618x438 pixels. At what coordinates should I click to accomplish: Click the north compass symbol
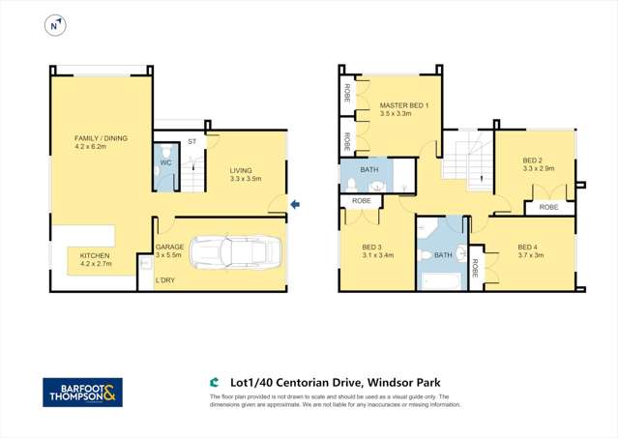(55, 26)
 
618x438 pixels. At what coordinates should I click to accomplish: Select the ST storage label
(191, 142)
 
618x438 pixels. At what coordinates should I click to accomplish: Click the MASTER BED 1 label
(404, 104)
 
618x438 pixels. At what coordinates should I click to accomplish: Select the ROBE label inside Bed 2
(548, 207)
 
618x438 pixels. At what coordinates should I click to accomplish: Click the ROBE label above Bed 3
(361, 200)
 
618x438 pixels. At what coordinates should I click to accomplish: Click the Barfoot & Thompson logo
(82, 392)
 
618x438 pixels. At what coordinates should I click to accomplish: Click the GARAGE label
(169, 248)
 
